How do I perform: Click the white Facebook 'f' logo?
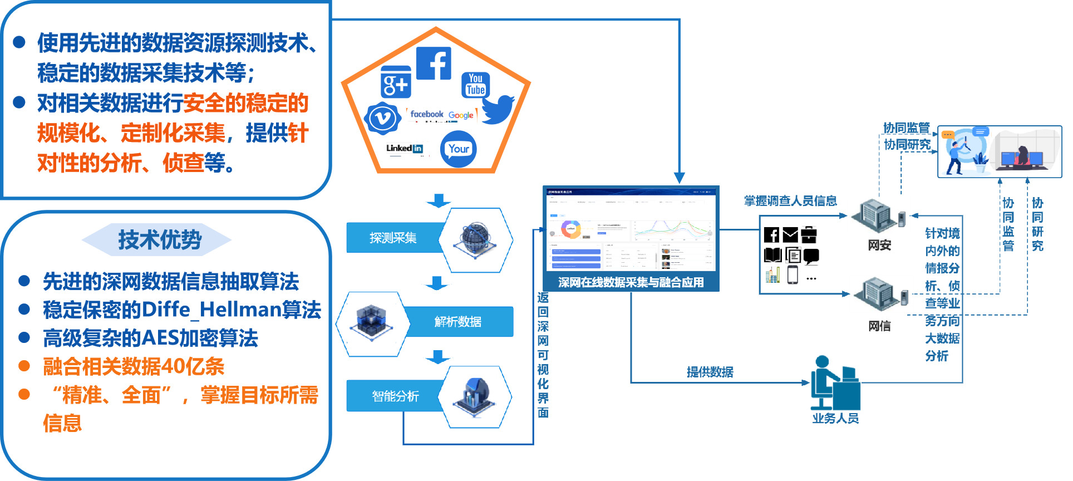[x=434, y=63]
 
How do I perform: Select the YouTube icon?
[x=476, y=85]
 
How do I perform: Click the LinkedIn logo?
[x=405, y=148]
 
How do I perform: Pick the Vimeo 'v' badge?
[x=382, y=118]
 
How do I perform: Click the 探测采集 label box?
[x=393, y=238]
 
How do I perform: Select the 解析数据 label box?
[x=458, y=322]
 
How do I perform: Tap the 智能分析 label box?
[x=395, y=396]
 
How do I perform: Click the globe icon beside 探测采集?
[x=475, y=240]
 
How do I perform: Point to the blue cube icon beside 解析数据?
[x=370, y=323]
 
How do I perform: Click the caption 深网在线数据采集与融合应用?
[x=631, y=282]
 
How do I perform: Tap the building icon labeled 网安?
[x=879, y=215]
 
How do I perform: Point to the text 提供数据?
[x=710, y=372]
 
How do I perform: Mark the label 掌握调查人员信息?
[x=790, y=201]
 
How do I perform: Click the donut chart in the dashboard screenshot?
[x=570, y=229]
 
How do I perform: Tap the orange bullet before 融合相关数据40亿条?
[x=24, y=366]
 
